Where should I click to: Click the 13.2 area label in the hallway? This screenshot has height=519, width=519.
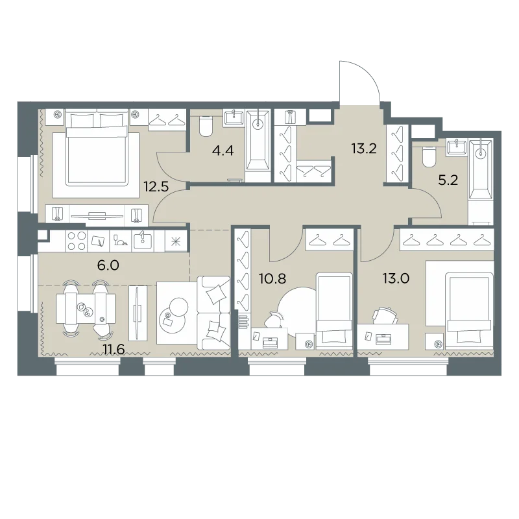[x=364, y=149]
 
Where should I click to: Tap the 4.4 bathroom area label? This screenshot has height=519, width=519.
[x=223, y=151]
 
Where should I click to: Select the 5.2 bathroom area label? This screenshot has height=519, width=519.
[x=448, y=180]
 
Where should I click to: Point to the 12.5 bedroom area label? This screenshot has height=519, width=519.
[x=156, y=187]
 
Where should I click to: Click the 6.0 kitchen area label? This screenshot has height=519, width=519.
[x=108, y=265]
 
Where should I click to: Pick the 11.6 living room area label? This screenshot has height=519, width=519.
[x=114, y=349]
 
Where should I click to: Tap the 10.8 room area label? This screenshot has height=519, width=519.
[x=272, y=279]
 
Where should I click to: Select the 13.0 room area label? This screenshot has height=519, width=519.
[x=396, y=279]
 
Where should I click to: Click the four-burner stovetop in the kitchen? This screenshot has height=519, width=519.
[x=77, y=241]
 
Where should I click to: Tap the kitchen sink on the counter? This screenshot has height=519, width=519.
[x=143, y=241]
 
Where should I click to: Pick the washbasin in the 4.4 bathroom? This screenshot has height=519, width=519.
[x=234, y=117]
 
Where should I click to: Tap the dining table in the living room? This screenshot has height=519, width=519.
[x=86, y=309]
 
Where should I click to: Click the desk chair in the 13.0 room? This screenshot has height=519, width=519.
[x=385, y=316]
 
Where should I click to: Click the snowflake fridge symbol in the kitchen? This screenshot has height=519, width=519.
[x=176, y=242]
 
